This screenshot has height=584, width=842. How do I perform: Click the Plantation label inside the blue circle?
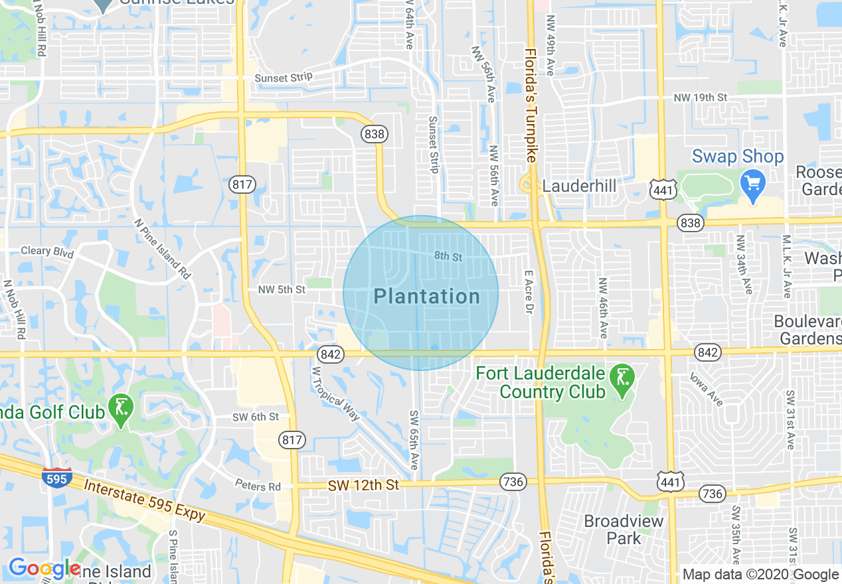[426, 296]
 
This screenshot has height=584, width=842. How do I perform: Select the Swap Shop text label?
[737, 157]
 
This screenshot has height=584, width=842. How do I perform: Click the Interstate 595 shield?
[56, 478]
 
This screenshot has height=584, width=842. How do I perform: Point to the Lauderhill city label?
[579, 186]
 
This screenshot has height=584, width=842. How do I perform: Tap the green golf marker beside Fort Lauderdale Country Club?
[622, 378]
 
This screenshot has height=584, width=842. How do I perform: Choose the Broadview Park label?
[624, 529]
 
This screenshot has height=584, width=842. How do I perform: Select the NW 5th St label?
[282, 289]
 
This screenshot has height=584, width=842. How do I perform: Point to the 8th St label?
[448, 256]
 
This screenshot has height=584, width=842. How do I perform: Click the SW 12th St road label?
[363, 485]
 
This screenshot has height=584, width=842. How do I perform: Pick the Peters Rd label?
[258, 486]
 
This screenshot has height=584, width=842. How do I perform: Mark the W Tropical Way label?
[335, 394]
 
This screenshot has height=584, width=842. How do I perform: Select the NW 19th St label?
[700, 98]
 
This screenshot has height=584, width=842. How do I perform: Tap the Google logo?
[44, 569]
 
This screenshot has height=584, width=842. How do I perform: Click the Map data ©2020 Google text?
[761, 575]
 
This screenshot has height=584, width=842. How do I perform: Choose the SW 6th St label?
[256, 417]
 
